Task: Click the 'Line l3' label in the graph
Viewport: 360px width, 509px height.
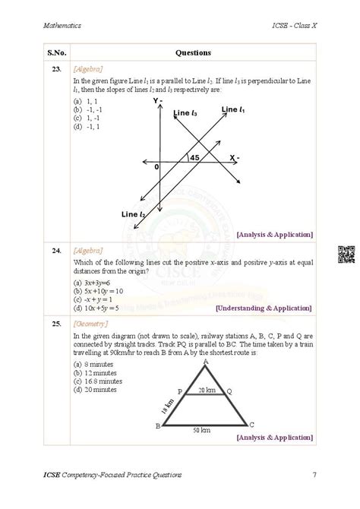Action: (x=185, y=113)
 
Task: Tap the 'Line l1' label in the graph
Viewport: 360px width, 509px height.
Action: (x=234, y=110)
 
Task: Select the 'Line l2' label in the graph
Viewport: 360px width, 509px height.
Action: (x=134, y=216)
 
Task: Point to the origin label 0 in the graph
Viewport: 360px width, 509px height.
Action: (x=156, y=166)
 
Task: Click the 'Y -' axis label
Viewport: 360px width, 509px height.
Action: (x=158, y=100)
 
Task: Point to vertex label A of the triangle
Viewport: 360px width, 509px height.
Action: (x=205, y=362)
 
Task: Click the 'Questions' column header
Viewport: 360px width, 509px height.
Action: (x=193, y=52)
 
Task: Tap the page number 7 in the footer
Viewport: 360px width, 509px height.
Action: (x=314, y=475)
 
